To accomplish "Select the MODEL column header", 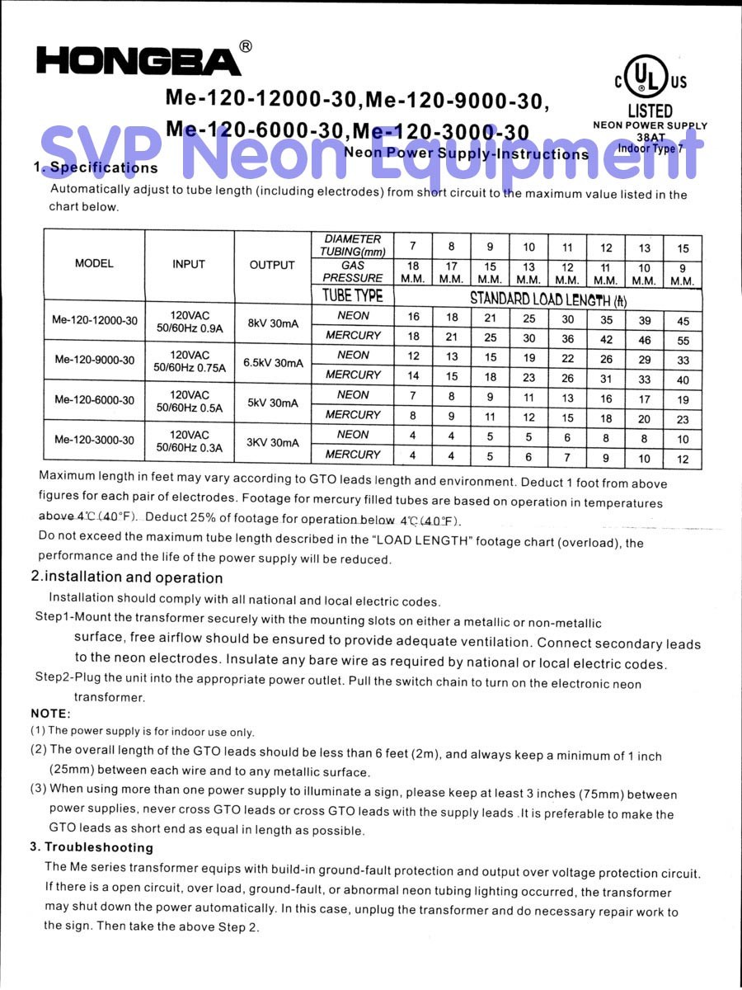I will pos(94,264).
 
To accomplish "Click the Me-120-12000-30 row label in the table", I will pos(95,320).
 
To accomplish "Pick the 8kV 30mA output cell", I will pos(273,323).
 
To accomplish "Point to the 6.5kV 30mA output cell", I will pos(273,363).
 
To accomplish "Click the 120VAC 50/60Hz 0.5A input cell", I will pos(190,402).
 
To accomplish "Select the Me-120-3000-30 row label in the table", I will pos(95,440).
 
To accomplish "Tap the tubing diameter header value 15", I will pos(683,247).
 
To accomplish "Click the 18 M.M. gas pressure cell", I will pos(413,272).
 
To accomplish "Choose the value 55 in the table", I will pos(683,340).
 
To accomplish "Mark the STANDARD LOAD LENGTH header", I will pos(548,299).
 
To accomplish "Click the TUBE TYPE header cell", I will pos(353,295).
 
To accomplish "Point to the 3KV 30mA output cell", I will pos(273,442).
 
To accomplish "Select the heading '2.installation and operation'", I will pos(126,577).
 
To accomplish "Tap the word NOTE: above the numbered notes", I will pos(51,713).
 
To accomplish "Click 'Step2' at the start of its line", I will pos(52,677).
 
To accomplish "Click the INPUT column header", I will pos(189,264).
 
